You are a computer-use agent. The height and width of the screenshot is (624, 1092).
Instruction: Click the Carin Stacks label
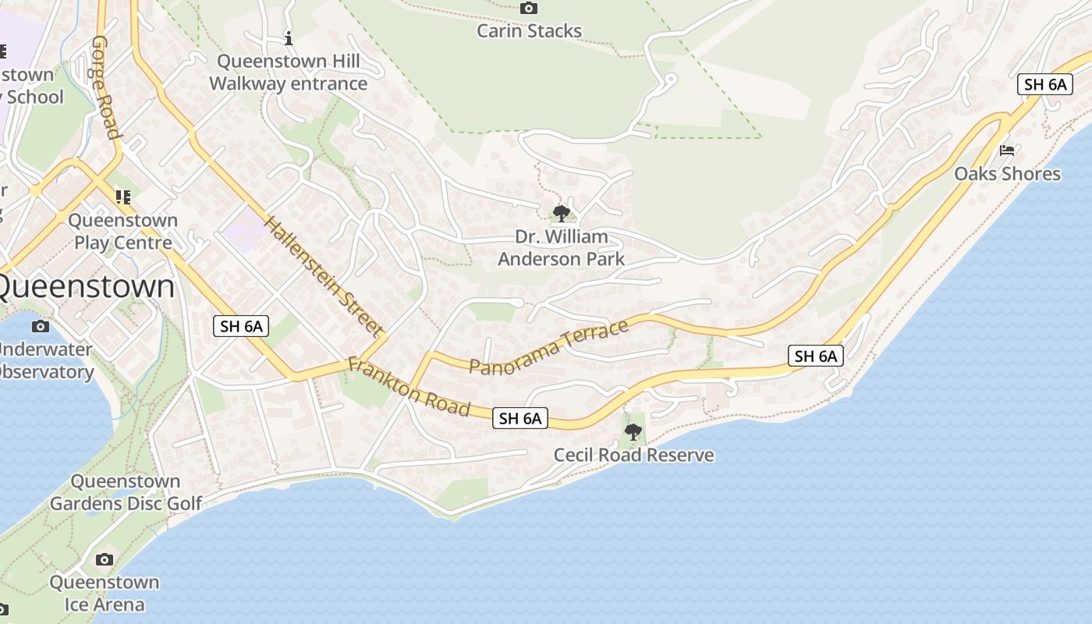point(529,31)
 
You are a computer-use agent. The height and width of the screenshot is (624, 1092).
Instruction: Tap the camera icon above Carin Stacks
point(529,9)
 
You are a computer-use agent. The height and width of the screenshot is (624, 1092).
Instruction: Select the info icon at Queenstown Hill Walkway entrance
point(289,37)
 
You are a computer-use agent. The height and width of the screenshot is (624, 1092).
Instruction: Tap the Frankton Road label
point(409,386)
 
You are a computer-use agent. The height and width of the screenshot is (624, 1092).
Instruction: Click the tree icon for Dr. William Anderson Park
point(561,213)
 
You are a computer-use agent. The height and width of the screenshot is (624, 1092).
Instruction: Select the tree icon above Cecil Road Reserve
point(633,431)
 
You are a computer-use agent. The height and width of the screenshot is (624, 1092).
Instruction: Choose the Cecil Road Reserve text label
point(633,455)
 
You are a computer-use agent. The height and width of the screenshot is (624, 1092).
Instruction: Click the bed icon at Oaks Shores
point(1007,150)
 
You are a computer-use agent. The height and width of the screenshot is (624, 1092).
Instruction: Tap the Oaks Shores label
point(1007,173)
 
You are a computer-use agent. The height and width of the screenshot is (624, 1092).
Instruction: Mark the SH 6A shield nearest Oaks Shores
point(1045,84)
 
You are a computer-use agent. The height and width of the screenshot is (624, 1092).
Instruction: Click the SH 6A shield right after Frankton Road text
point(520,418)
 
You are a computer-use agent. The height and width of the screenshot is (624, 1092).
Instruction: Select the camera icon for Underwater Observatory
point(41,326)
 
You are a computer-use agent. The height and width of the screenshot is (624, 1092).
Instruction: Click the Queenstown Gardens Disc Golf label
point(126,492)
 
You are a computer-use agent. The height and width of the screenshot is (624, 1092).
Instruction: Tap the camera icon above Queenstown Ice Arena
point(104,559)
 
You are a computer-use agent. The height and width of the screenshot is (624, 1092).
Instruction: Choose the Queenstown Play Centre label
point(122,232)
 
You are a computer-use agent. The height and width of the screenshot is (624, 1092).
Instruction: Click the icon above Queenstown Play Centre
point(122,197)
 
